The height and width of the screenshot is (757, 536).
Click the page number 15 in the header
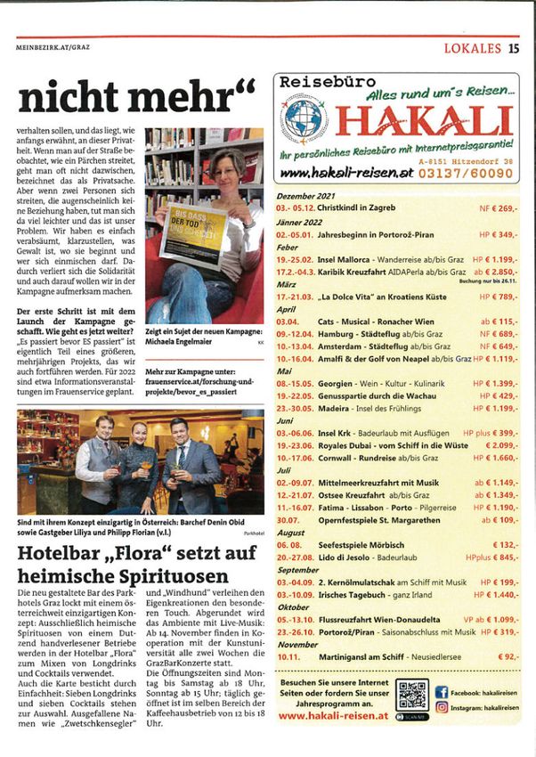click(x=515, y=50)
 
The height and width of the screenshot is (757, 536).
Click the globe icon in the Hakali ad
click(x=304, y=118)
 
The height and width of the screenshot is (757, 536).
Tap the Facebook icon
click(x=442, y=691)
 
